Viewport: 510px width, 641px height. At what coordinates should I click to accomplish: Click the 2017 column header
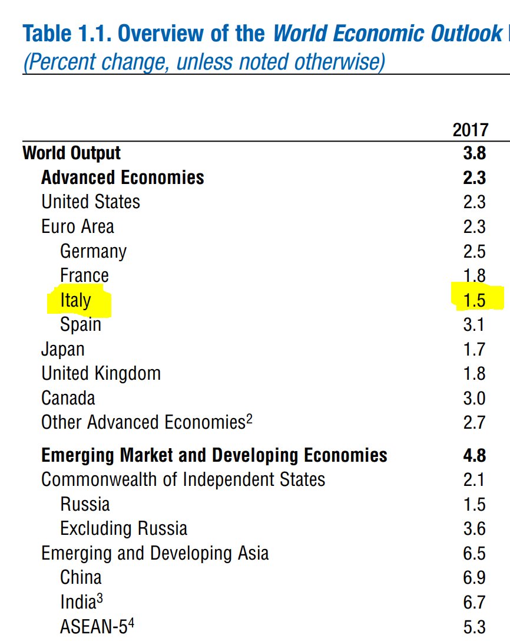(470, 130)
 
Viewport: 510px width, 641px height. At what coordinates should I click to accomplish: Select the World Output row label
(71, 153)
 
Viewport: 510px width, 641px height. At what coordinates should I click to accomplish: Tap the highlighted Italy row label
(75, 300)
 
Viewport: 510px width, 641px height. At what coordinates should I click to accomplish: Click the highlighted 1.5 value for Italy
(474, 300)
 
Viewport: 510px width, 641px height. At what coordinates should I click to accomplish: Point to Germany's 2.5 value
(474, 251)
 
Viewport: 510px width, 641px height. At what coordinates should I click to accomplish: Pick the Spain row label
(81, 325)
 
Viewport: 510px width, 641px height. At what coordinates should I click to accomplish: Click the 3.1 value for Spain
(474, 325)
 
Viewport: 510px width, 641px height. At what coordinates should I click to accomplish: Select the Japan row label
(62, 349)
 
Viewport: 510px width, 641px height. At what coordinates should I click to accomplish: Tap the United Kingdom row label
(101, 374)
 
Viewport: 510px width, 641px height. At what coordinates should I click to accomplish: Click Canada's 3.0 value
(474, 398)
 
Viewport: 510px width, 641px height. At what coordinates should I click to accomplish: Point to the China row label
(81, 577)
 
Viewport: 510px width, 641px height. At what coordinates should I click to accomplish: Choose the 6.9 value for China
(474, 577)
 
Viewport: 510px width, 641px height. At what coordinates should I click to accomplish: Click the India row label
(78, 602)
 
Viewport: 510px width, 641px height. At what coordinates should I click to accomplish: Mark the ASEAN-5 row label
(93, 626)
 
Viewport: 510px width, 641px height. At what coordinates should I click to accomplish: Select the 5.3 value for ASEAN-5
(474, 627)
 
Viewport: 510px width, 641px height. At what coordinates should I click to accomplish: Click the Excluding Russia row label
(124, 528)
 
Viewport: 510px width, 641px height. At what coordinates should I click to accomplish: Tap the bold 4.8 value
(474, 455)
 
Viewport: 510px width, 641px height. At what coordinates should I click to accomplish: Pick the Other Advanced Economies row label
(143, 423)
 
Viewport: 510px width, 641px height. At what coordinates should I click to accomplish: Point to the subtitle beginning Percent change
(204, 61)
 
